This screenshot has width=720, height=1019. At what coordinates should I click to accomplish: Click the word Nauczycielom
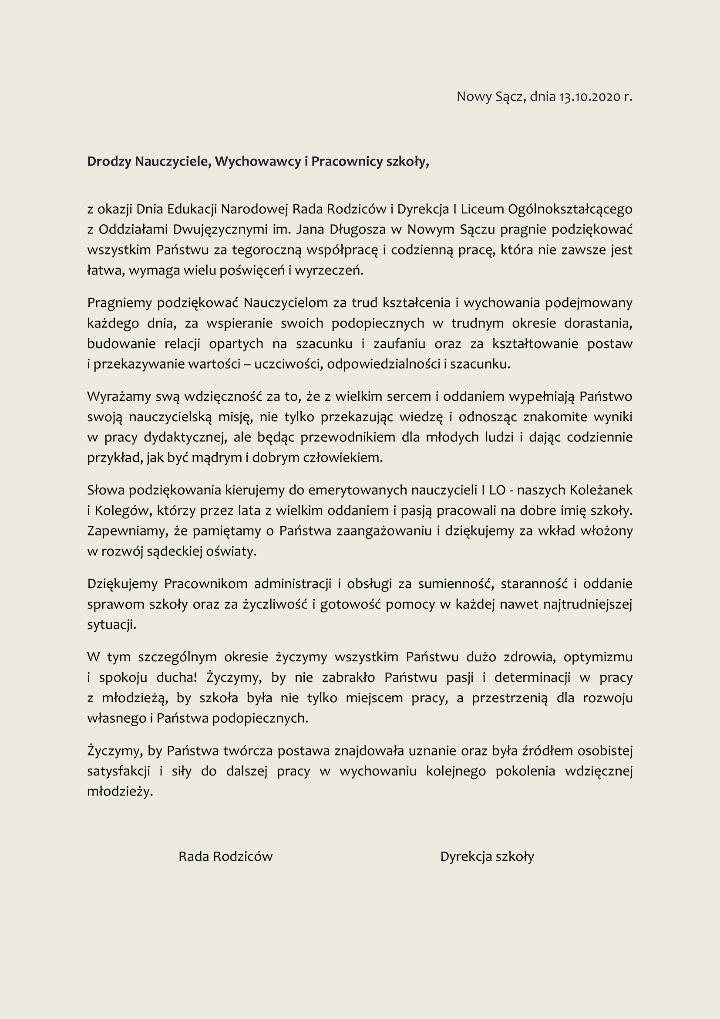(286, 303)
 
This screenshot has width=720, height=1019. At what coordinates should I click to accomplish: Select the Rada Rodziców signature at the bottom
(225, 856)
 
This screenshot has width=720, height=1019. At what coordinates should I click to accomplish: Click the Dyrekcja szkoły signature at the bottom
(487, 856)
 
